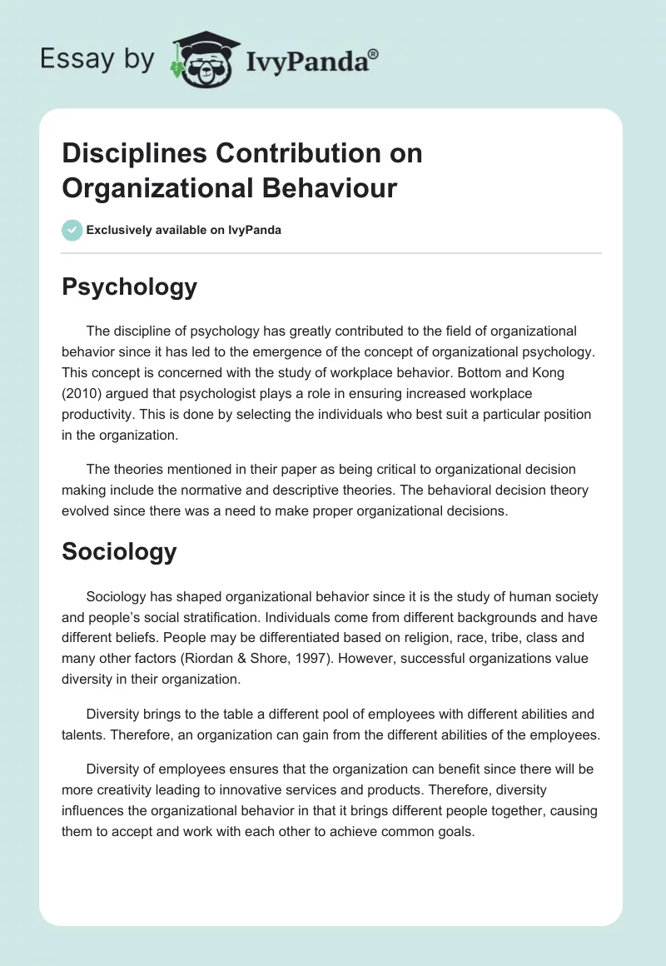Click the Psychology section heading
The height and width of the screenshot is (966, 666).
[129, 286]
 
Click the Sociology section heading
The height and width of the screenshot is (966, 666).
[119, 551]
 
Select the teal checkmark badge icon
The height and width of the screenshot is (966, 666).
[72, 230]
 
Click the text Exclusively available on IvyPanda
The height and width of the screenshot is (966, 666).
[183, 230]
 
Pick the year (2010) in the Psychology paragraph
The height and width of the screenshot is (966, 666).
[82, 392]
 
